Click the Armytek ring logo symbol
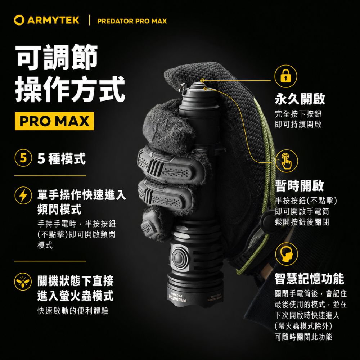pos(19,20)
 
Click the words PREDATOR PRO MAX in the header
pos(132,21)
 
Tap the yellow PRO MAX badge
pos(54,121)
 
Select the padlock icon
pos(285,76)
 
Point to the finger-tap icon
pos(286,161)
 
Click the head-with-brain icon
pos(287,254)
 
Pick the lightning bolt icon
pos(23,195)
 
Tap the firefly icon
pos(23,282)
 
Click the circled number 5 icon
pos(23,158)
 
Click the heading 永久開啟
pos(300,99)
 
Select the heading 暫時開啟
pos(300,185)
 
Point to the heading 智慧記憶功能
pos(309,279)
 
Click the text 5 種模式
pos(62,158)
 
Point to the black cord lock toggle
pos(267,220)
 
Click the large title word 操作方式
pos(70,89)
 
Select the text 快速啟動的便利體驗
pos(73,311)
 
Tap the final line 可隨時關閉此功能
pos(303,337)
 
